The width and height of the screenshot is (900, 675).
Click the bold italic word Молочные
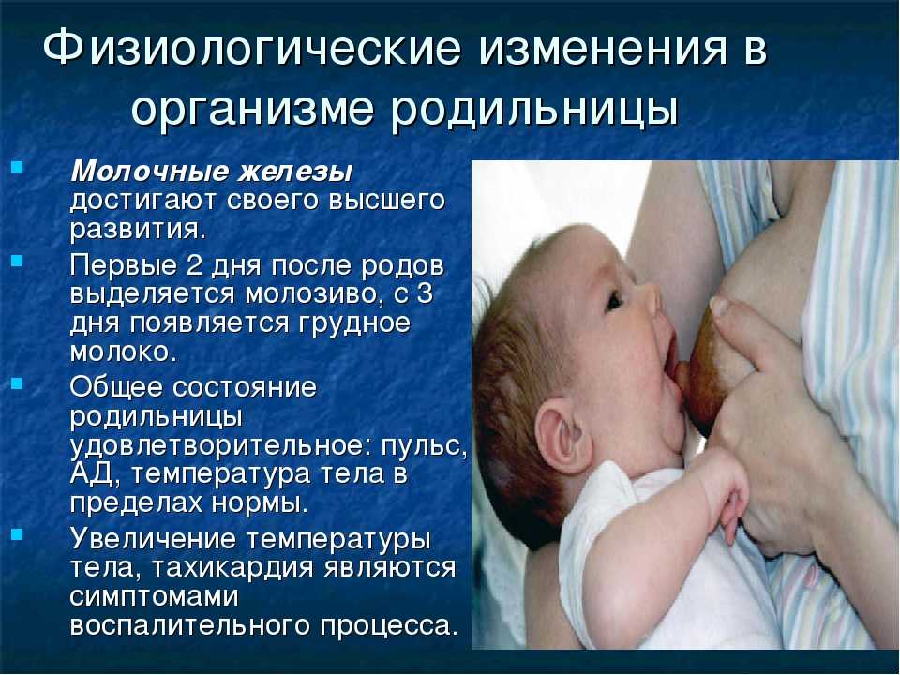coord(150,172)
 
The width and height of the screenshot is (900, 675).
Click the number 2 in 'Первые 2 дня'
coord(188,265)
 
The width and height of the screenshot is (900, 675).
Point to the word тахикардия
coord(233,568)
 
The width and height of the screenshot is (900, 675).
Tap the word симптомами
coord(154,597)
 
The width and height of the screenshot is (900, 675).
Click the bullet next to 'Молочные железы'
coord(17,168)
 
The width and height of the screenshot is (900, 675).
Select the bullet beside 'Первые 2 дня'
coord(17,262)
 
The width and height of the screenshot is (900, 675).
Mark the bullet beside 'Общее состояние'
coord(17,382)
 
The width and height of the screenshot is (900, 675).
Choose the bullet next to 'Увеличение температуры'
coord(17,535)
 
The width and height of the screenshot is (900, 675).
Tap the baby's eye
coord(613,300)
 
